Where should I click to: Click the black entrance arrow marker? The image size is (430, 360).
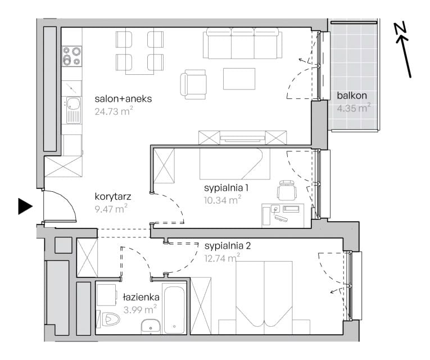25,206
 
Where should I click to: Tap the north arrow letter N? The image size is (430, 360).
400,29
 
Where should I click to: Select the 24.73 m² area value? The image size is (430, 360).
114,111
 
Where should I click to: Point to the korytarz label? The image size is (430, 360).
113,196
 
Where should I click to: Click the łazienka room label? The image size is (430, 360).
141,297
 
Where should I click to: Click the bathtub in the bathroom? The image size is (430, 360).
174,309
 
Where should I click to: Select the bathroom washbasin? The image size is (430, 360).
151,326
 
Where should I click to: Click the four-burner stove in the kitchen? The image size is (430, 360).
72,56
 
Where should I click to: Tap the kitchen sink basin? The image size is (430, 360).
73,103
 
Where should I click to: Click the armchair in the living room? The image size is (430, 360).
193,84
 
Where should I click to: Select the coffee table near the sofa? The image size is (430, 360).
239,79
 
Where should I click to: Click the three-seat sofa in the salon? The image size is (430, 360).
242,43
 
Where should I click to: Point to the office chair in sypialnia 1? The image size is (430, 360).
287,190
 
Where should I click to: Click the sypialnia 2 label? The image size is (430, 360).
228,246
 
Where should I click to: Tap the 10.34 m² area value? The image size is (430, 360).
223,200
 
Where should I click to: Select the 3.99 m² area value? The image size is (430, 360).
140,309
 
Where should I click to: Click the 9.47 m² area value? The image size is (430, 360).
111,209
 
